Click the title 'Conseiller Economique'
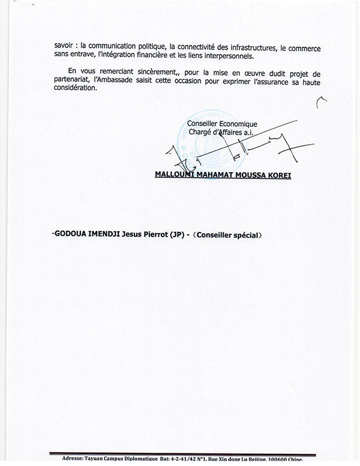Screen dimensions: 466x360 pos(222,124)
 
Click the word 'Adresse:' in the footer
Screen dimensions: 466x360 pos(76,459)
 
